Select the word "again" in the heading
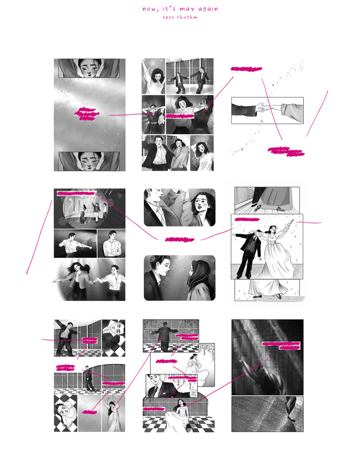[208, 9]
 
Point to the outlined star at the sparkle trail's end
[242, 149]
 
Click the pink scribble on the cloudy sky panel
[87, 114]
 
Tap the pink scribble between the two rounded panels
[180, 239]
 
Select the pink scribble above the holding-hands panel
[247, 68]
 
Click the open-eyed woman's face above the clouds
[89, 68]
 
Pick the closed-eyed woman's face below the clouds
[89, 160]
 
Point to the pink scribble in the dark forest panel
[282, 345]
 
